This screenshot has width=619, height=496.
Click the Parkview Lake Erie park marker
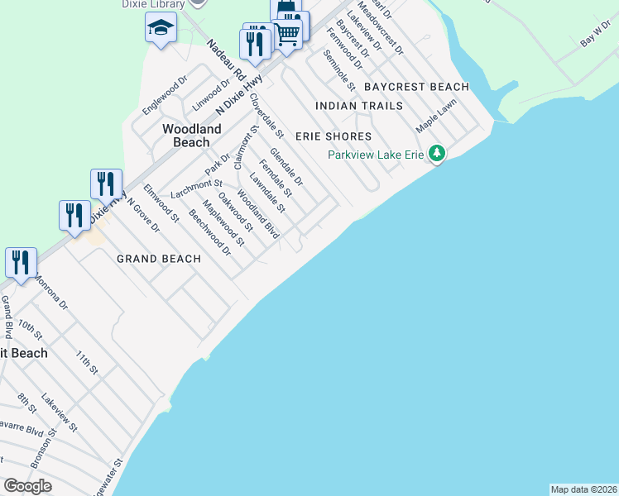[437, 154]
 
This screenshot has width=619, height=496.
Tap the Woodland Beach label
[192, 136]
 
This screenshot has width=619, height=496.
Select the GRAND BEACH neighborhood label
[159, 259]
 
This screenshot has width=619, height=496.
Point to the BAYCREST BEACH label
[416, 87]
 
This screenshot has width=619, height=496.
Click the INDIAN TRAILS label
[359, 106]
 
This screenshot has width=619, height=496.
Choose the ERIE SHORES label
[343, 136]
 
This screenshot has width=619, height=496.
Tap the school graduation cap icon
[161, 30]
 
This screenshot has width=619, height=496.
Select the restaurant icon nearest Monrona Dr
[20, 263]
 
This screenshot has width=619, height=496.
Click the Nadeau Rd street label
[227, 60]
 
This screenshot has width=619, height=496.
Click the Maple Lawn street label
[436, 117]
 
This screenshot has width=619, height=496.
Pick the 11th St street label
[87, 362]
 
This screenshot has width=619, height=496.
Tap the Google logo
[28, 486]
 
